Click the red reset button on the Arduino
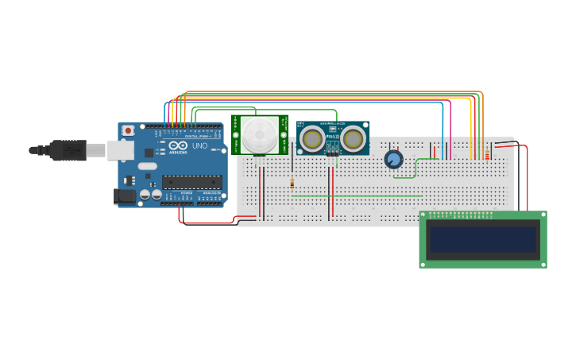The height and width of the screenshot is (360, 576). [128, 130]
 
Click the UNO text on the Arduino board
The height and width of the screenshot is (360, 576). [199, 145]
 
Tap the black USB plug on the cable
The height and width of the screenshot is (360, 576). [68, 149]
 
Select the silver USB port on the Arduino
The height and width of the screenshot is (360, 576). [120, 149]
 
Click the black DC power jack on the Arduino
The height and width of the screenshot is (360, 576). [124, 195]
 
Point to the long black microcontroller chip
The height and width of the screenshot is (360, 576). [191, 182]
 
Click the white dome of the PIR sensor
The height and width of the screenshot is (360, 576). [260, 134]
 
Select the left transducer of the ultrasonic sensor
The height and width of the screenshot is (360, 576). [311, 139]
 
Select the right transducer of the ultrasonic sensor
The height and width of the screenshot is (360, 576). [352, 139]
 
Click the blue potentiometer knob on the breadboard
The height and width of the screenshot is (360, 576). [393, 159]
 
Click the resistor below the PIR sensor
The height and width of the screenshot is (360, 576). [292, 184]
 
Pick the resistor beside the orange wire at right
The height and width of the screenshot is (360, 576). [486, 156]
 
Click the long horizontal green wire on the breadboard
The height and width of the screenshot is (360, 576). [358, 195]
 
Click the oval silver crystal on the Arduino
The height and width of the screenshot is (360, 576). [148, 166]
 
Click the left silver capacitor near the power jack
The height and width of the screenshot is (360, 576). [145, 194]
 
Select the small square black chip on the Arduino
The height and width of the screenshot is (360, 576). [149, 153]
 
